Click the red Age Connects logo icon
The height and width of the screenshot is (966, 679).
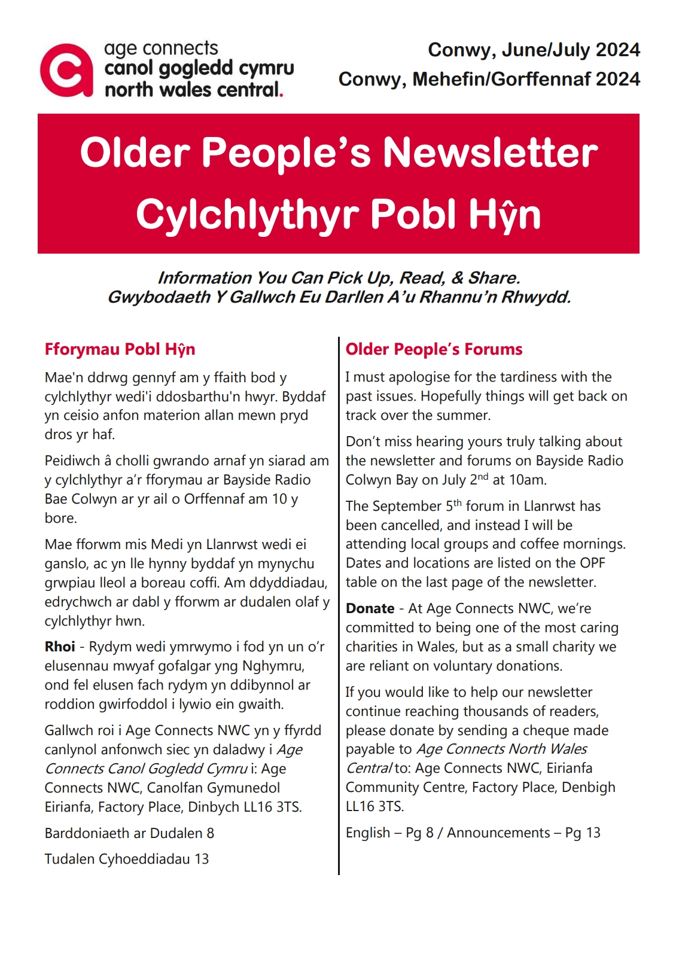66,71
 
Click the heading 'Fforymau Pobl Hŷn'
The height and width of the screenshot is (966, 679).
120,349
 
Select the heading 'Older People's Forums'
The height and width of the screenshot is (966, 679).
434,349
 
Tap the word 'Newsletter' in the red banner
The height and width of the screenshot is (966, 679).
490,153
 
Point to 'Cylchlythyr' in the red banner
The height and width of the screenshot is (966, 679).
247,215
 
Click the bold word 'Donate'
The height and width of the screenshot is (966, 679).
370,609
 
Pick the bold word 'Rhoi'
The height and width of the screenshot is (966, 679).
60,647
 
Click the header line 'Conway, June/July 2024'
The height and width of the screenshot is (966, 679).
534,50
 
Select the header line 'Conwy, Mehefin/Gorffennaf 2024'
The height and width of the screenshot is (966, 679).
489,79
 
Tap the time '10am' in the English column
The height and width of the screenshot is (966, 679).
527,480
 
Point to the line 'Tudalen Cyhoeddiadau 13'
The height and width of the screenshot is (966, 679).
127,859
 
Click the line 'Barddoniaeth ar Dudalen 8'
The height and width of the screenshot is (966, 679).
129,833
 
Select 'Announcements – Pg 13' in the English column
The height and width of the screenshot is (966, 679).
523,833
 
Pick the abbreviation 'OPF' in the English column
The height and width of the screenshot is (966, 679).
592,563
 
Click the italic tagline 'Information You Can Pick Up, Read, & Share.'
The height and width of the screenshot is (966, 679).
339,278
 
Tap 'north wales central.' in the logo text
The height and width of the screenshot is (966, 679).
193,90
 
